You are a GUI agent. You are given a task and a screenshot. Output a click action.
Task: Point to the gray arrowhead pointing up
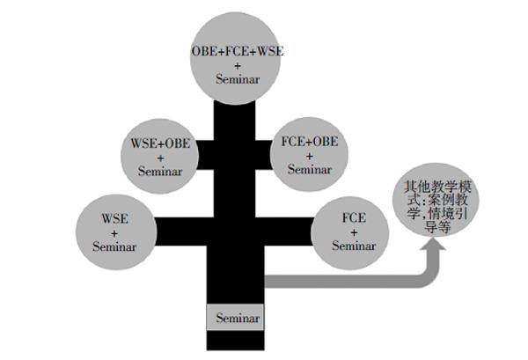(432, 255)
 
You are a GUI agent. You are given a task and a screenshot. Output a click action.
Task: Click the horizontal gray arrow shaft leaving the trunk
(343, 281)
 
